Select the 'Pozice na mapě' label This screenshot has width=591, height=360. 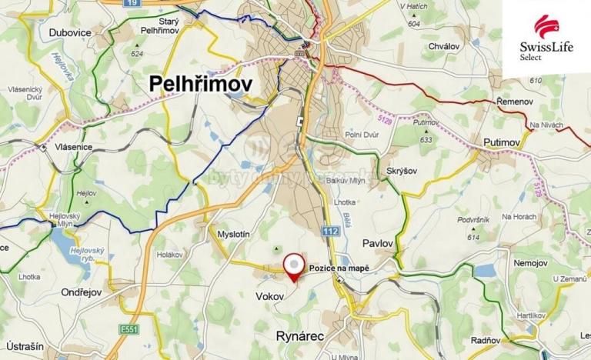[339, 268]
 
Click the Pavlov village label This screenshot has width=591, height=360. [377, 243]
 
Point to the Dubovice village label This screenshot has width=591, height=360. [71, 33]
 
